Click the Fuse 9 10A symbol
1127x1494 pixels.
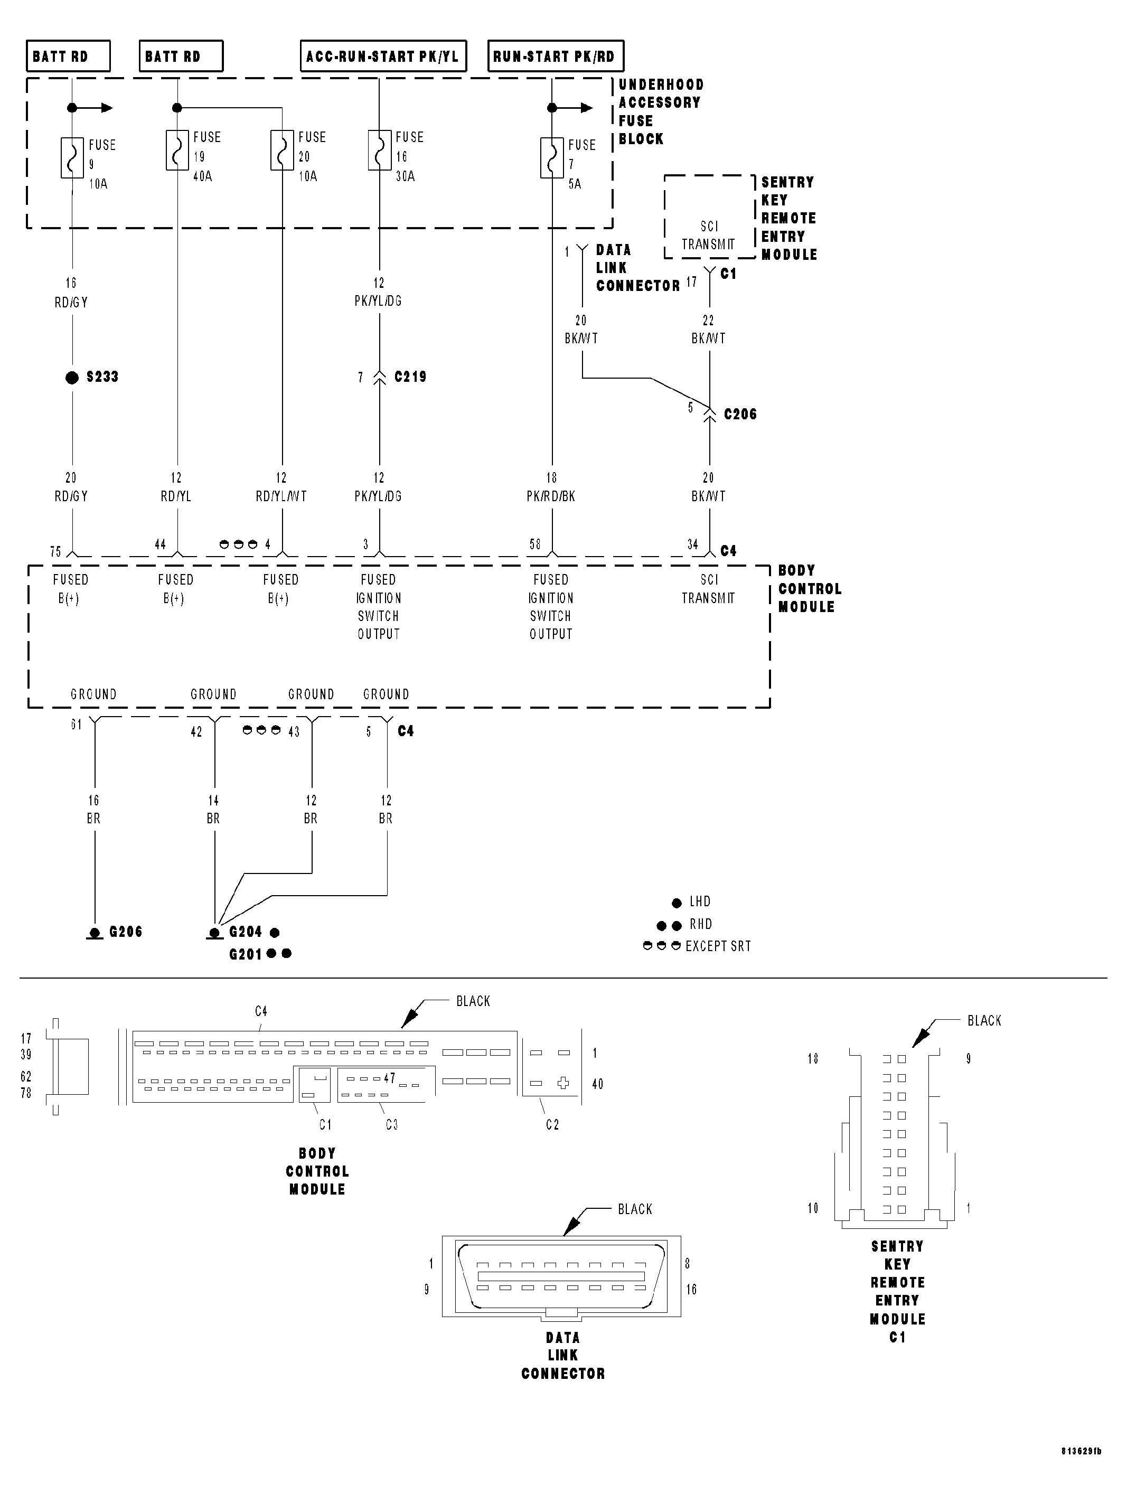[72, 157]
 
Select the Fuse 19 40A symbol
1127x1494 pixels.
[177, 150]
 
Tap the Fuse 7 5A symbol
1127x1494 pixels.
[552, 157]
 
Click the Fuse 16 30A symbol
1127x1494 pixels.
[380, 150]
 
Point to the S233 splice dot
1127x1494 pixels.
[72, 378]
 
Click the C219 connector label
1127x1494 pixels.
[410, 377]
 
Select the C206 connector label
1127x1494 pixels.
[740, 414]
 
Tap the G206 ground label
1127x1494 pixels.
[126, 932]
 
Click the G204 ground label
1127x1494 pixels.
[245, 932]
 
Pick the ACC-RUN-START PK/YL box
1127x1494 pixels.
[383, 56]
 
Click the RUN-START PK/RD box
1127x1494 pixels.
[555, 56]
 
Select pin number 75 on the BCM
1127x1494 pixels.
[55, 551]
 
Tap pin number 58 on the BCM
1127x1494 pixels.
[535, 544]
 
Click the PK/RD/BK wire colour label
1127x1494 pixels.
[551, 496]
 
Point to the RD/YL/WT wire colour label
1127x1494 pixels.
[281, 496]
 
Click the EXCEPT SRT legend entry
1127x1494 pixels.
[717, 946]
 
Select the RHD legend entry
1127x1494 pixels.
[700, 924]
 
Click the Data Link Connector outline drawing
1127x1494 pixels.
[561, 1276]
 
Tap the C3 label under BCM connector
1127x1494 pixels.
[392, 1124]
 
